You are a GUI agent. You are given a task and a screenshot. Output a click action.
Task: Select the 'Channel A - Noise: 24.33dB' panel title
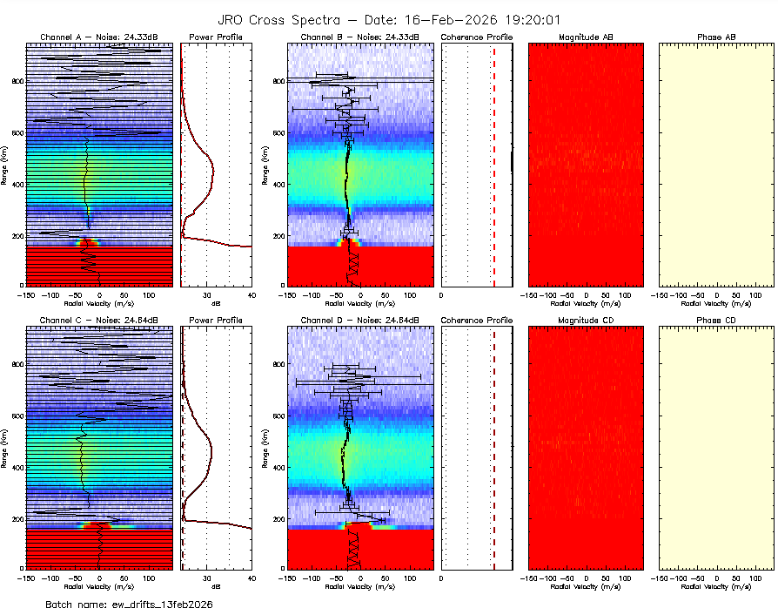click(99, 37)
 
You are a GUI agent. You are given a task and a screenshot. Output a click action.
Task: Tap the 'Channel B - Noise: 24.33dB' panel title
click(359, 37)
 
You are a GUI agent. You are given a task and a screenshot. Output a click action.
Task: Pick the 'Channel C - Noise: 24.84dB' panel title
click(99, 321)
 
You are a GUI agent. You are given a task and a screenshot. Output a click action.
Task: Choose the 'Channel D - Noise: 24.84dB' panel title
click(359, 321)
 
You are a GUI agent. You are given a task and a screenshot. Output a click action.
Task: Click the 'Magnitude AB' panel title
click(586, 37)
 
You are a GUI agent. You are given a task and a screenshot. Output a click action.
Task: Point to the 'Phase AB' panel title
click(716, 37)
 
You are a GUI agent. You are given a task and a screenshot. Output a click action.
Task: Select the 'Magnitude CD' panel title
click(586, 321)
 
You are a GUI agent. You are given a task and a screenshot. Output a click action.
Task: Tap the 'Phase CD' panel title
click(716, 321)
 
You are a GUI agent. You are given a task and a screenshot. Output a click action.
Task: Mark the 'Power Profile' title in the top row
click(216, 37)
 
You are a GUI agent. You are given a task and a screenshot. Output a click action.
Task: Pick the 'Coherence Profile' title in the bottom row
click(477, 321)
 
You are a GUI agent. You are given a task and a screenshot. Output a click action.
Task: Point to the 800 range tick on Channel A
click(17, 81)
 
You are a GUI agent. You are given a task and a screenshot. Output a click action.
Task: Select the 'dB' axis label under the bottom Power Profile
click(216, 586)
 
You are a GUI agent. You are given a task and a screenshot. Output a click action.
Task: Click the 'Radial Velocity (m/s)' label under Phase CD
click(716, 586)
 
